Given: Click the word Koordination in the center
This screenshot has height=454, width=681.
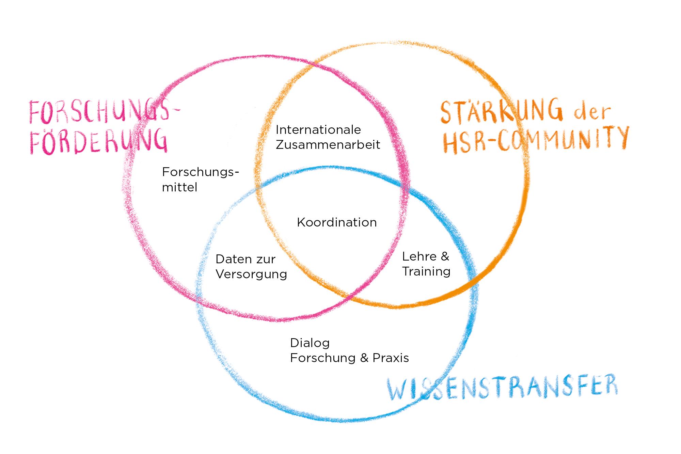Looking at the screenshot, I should point(337,222).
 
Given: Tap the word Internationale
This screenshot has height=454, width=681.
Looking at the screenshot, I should point(318,130).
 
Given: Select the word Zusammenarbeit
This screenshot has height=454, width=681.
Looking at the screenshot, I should point(328,145).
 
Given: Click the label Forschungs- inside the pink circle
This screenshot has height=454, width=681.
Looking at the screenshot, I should point(200,172).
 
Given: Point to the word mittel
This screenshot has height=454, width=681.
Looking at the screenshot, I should point(179,187).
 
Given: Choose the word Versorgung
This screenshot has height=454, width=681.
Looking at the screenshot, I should point(251,274).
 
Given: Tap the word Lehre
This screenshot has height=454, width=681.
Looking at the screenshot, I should point(418,256).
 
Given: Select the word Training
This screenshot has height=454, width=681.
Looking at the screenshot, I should point(426,271).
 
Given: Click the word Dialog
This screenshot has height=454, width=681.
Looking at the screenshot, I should point(310,343).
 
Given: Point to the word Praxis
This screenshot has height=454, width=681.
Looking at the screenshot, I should point(391,358).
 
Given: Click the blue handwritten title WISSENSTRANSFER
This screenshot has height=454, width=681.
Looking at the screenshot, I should point(502,389).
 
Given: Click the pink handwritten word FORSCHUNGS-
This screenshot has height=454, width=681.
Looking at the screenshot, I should point(104,112).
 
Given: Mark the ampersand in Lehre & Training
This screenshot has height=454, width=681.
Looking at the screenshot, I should point(445,256).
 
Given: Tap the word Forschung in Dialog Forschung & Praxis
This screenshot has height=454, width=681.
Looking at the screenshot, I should point(322,358).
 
